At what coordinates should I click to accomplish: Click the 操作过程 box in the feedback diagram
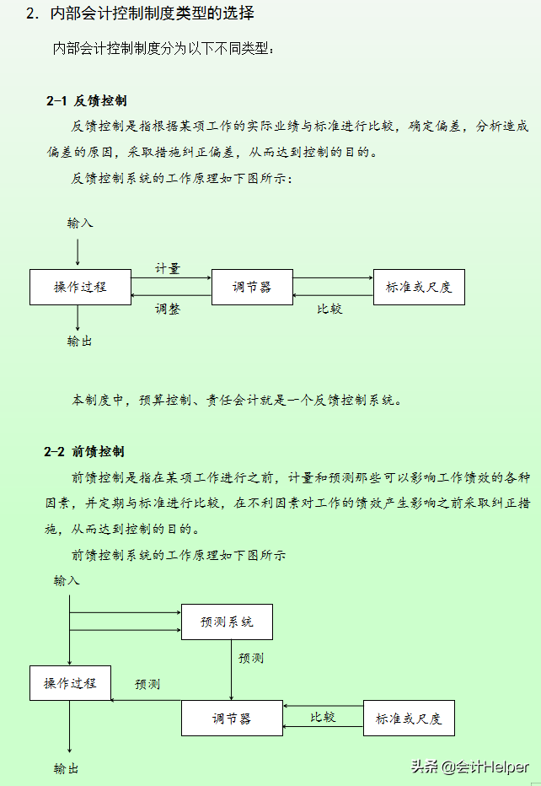coord(80,287)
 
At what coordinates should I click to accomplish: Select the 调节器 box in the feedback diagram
coord(252,287)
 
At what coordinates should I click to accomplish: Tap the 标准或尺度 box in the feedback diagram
coord(419,287)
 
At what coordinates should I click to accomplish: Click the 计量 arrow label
coord(167,268)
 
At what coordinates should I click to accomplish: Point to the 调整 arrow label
coord(167,309)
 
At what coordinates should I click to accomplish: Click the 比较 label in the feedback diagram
coord(329,309)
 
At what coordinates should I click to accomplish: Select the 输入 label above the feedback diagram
coord(80,223)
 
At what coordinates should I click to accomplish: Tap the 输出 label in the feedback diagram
coord(80,341)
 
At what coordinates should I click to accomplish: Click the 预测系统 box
coord(227,622)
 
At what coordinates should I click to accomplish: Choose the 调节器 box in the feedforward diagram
coord(232,719)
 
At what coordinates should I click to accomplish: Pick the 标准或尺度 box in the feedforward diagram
coord(409,719)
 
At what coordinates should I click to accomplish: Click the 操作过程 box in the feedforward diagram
coord(70,682)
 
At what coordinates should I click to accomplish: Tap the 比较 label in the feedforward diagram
coord(323,717)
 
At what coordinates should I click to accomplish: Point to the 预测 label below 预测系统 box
coord(251,658)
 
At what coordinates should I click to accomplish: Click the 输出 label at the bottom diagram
coord(67,768)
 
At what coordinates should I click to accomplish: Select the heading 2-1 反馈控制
coord(87,100)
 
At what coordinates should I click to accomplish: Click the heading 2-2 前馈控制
coord(87,451)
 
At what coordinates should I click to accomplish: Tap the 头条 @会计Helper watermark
coord(470,767)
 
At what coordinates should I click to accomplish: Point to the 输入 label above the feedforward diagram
coord(67,580)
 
